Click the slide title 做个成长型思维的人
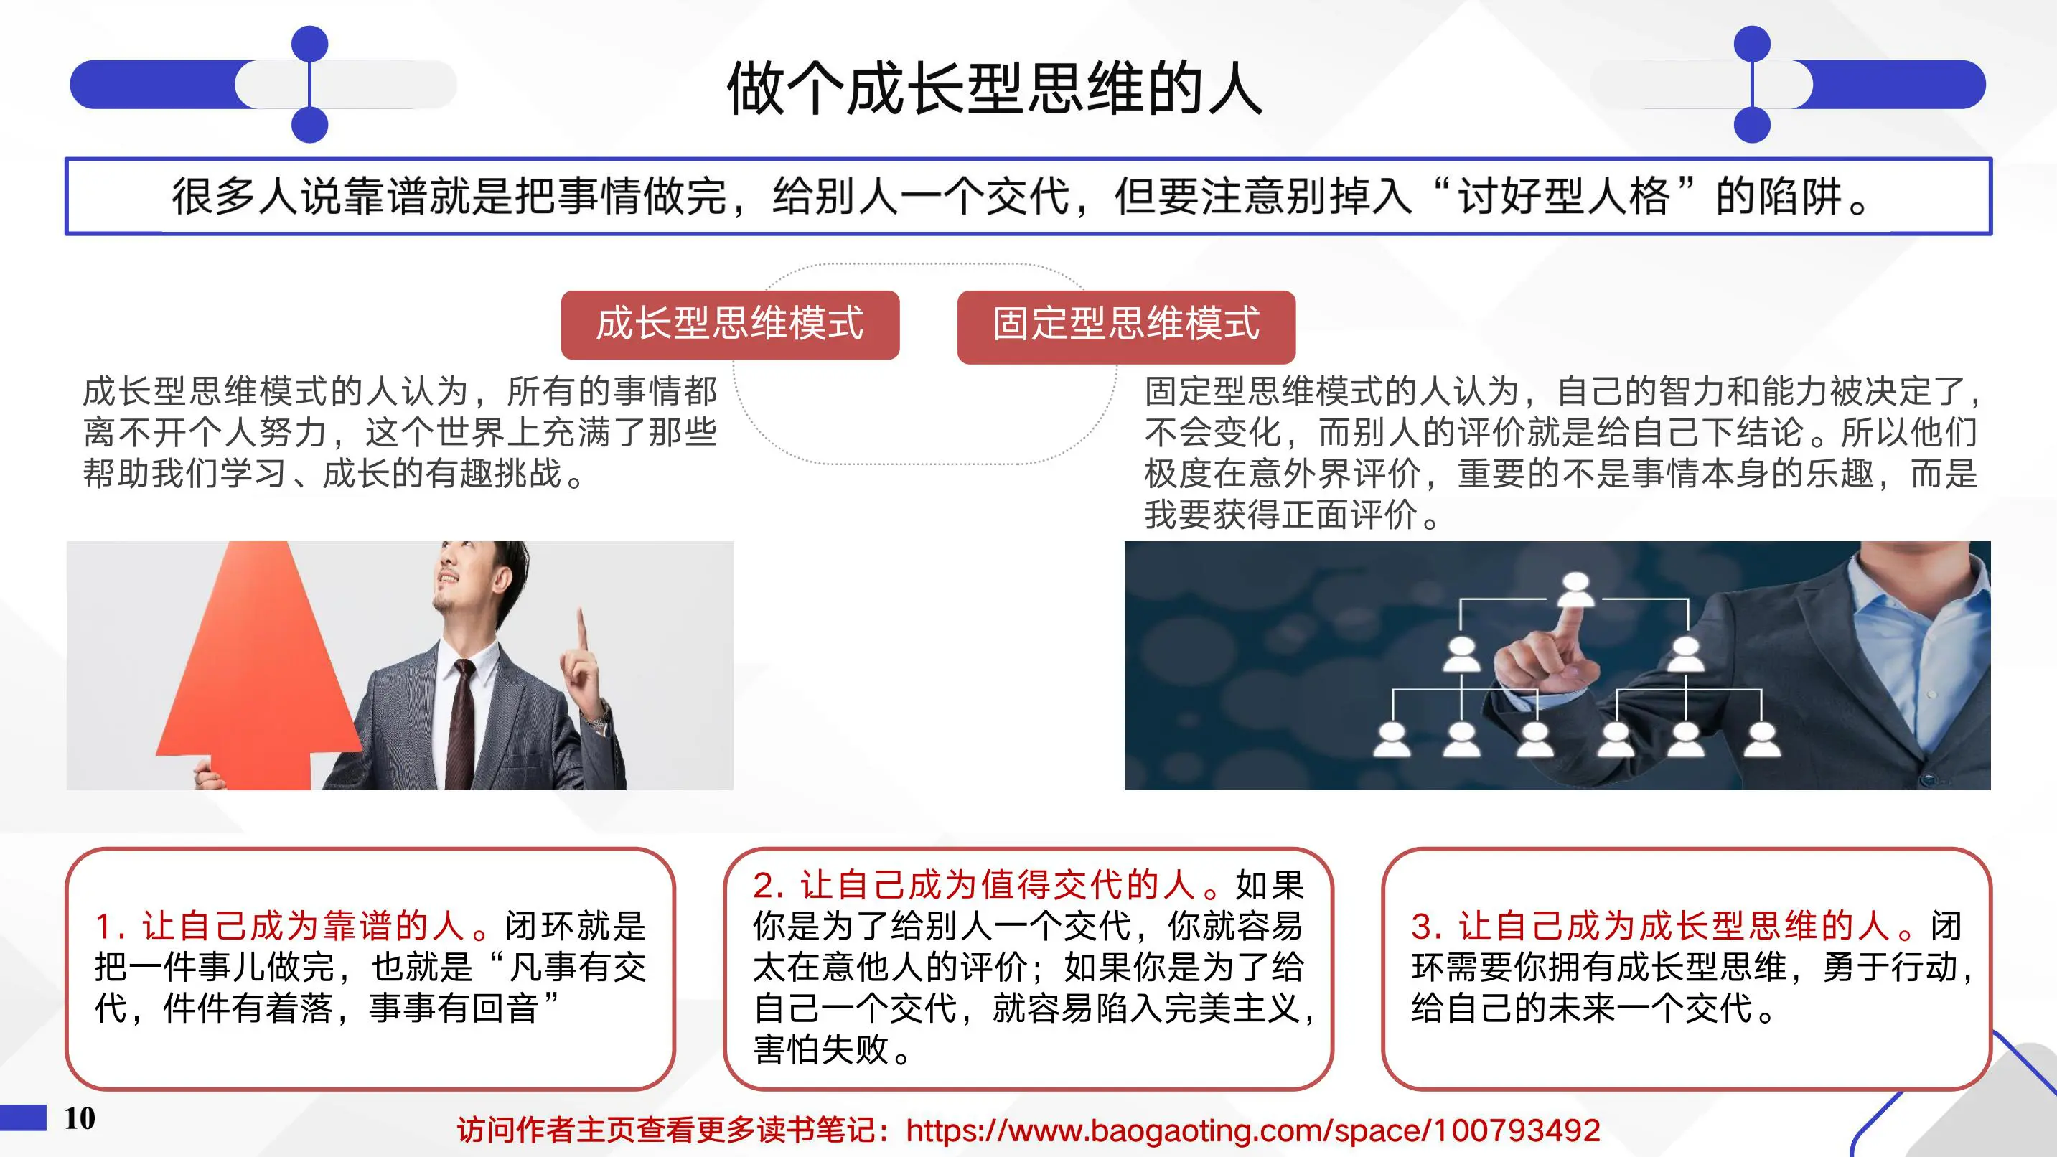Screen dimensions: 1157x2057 point(993,88)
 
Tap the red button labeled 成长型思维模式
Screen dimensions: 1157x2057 point(730,324)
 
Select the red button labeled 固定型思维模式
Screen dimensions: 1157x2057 point(1126,325)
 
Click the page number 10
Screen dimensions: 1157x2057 point(80,1119)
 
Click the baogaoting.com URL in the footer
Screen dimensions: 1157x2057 point(1253,1130)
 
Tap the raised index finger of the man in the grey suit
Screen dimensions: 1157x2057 point(582,631)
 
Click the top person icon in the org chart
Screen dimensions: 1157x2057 point(1575,589)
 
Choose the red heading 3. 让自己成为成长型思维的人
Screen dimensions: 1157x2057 point(1661,926)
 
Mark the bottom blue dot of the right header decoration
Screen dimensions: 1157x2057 point(1753,126)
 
